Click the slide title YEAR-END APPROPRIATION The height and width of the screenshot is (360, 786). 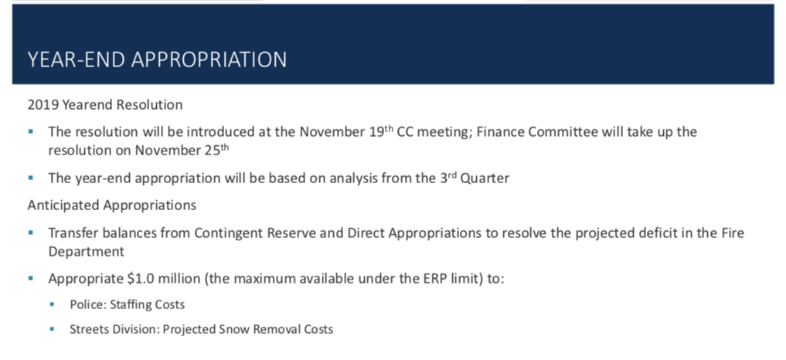pos(157,59)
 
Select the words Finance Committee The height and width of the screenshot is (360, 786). pos(537,132)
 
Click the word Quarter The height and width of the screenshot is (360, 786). pos(485,178)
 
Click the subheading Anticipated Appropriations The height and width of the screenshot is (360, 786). pos(112,205)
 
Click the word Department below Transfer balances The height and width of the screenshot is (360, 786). pos(86,252)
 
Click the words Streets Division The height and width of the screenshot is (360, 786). pos(114,329)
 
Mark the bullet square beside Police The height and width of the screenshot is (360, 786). pos(52,304)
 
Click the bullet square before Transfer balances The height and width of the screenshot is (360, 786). pos(31,233)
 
